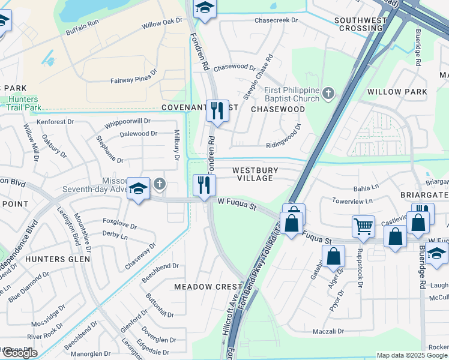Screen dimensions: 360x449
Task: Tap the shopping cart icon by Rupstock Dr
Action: (363, 227)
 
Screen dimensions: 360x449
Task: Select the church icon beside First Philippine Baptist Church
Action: (328, 93)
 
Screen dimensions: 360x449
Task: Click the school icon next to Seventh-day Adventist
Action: (138, 188)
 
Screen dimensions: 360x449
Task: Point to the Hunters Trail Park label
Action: (24, 103)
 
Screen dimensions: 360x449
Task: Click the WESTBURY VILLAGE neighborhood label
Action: (253, 174)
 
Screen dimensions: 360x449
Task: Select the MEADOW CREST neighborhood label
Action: (208, 287)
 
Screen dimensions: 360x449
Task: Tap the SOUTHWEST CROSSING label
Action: (360, 24)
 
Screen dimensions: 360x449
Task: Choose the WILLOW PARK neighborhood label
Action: (397, 92)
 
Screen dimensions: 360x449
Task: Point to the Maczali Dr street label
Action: (328, 331)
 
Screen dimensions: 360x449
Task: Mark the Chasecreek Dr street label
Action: (276, 20)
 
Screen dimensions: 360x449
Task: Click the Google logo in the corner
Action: (19, 353)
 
